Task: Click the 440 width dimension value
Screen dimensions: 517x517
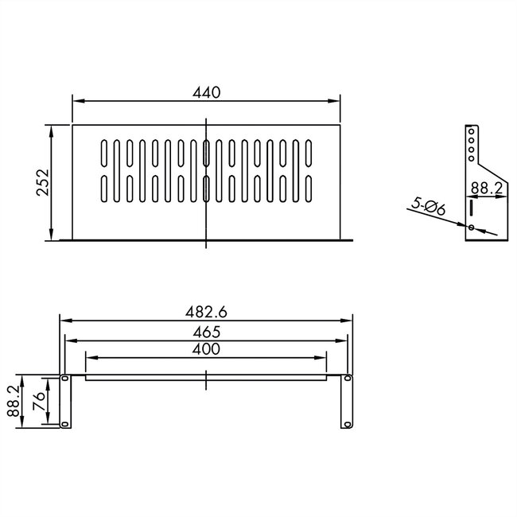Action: pyautogui.click(x=206, y=92)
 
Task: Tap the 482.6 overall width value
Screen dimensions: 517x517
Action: pyautogui.click(x=206, y=313)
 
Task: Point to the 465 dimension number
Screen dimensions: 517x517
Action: pyautogui.click(x=206, y=332)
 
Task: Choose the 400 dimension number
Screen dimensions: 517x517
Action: pyautogui.click(x=206, y=349)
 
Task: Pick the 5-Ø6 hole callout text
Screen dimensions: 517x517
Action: pyautogui.click(x=430, y=207)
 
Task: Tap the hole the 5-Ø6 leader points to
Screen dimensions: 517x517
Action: pyautogui.click(x=472, y=228)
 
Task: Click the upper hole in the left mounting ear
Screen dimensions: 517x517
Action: pyautogui.click(x=65, y=380)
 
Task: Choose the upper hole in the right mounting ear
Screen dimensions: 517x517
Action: pyautogui.click(x=347, y=380)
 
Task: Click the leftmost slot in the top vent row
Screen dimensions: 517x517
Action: pyautogui.click(x=103, y=153)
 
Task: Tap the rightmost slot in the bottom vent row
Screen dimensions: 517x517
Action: pyautogui.click(x=307, y=188)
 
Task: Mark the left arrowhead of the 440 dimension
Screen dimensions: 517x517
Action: pyautogui.click(x=76, y=100)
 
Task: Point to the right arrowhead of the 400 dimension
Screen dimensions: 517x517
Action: pyautogui.click(x=325, y=357)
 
